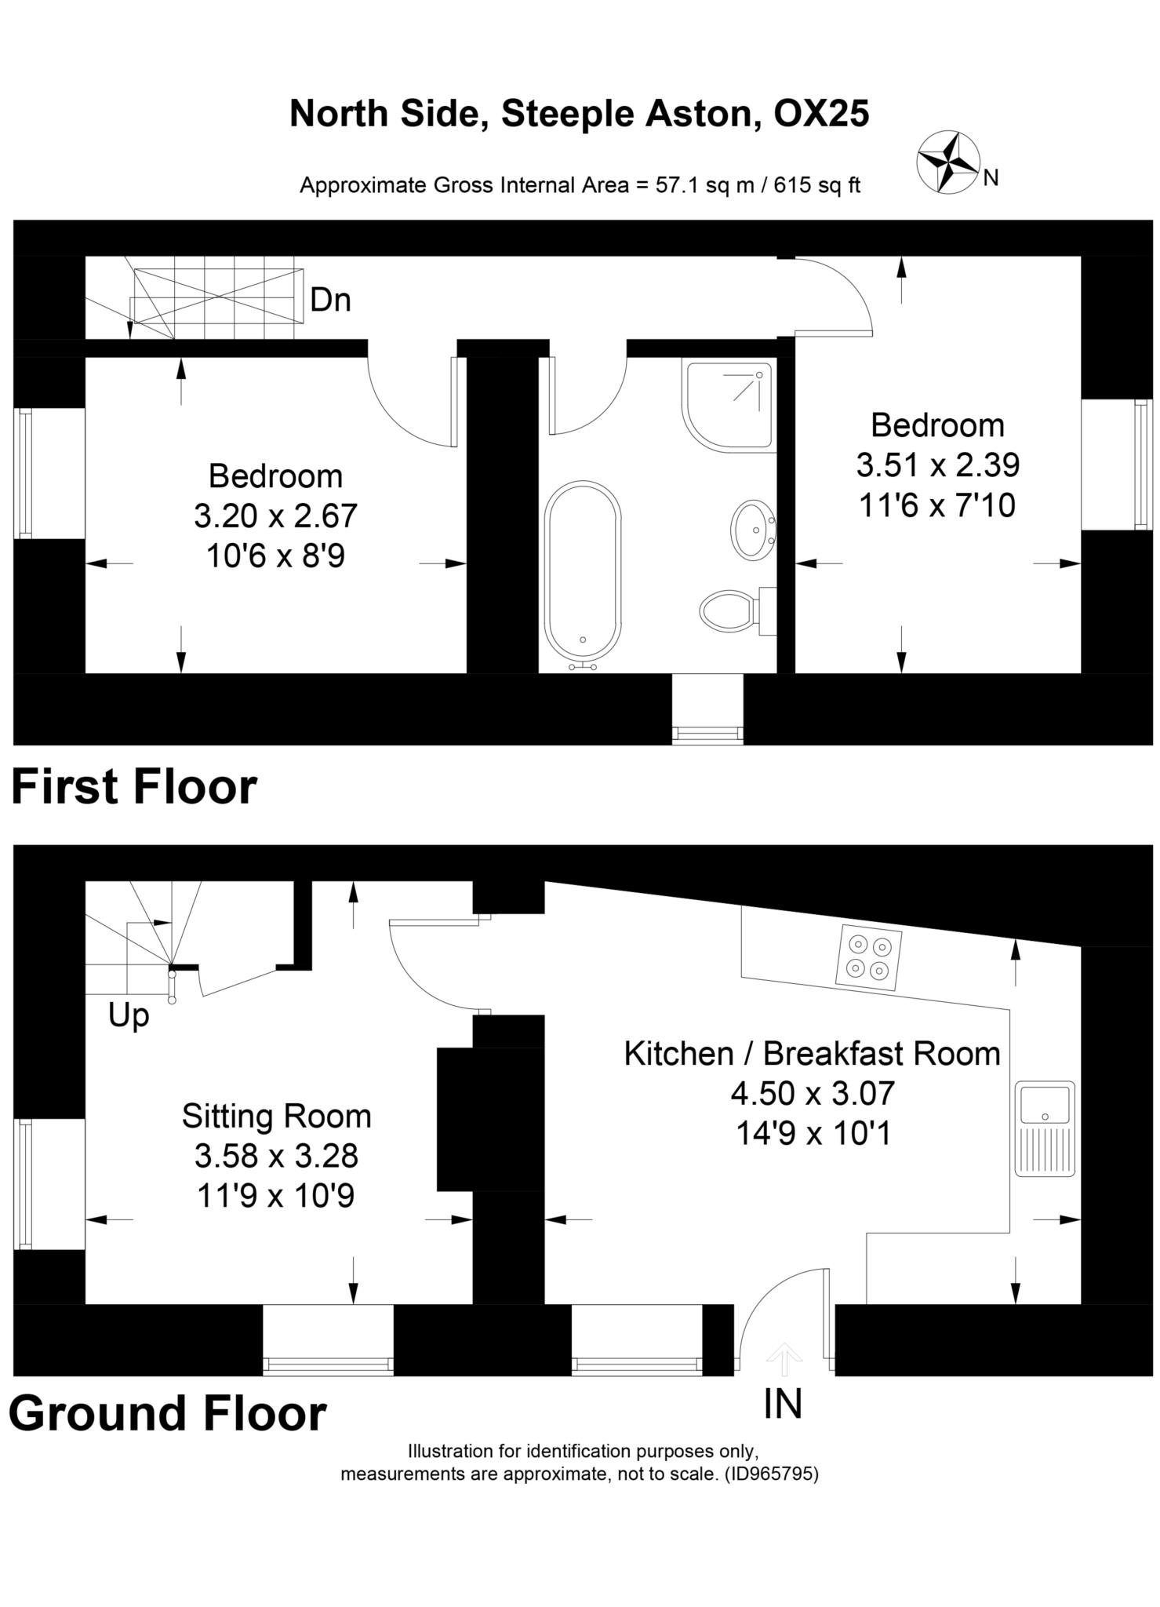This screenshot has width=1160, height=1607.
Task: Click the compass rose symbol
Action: tap(947, 162)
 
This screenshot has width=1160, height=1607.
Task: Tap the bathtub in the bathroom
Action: tap(583, 574)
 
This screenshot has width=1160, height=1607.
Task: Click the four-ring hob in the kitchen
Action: tap(869, 957)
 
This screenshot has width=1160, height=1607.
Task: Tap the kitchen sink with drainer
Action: tap(1045, 1128)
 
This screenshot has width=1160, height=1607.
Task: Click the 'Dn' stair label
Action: tap(330, 300)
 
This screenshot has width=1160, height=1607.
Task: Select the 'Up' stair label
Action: tap(129, 1017)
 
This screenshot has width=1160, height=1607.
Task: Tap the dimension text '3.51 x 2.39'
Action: tap(937, 465)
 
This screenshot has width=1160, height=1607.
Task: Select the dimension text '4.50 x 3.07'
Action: tap(813, 1093)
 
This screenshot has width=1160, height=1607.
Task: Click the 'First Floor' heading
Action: tap(134, 786)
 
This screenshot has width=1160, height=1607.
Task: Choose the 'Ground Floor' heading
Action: tap(167, 1413)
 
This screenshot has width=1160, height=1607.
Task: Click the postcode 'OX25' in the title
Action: tap(821, 114)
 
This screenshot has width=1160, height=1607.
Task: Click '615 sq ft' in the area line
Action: tap(816, 186)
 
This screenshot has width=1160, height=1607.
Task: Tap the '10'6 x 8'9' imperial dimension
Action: tap(275, 556)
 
